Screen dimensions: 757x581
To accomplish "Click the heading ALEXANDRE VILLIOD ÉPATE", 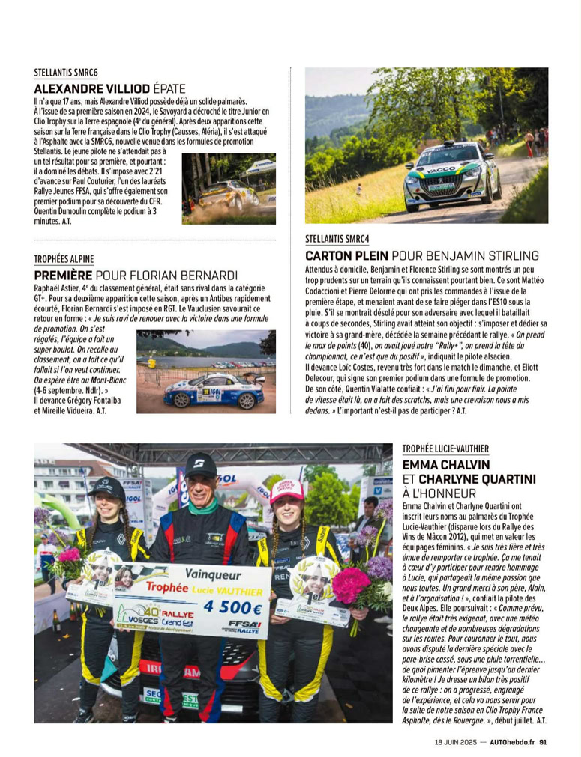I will point(109,88).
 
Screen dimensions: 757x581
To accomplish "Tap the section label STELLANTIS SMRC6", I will point(66,73).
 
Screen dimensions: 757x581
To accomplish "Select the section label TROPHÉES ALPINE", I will point(64,259).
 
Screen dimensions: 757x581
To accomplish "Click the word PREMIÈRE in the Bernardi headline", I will point(63,275).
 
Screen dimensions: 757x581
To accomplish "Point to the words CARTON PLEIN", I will point(346,255).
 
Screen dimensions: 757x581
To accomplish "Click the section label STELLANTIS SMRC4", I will point(337,240).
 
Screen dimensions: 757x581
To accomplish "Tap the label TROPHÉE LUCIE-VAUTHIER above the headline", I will point(445,449).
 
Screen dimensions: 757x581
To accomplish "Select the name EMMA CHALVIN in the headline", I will point(445,464).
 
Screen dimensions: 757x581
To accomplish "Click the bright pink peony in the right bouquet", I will point(350,583).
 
